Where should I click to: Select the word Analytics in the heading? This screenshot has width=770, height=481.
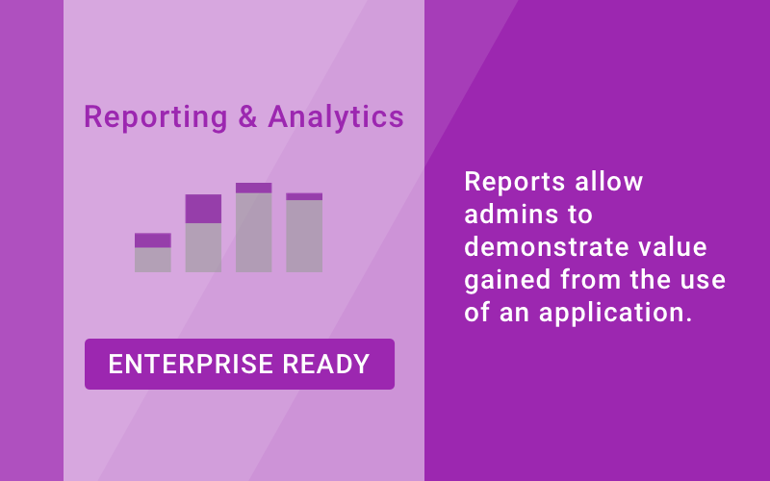[335, 117]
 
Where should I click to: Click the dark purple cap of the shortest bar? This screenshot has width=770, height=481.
[153, 240]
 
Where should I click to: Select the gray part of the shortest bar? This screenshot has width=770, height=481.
[153, 260]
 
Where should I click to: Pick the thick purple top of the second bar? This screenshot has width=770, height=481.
[203, 209]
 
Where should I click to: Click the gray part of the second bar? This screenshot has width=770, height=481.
[203, 247]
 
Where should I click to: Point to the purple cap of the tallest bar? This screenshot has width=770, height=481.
[254, 188]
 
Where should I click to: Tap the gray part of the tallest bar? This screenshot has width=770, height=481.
[254, 233]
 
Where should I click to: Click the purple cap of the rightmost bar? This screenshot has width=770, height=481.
[304, 196]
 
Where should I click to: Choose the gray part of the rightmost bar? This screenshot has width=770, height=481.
[304, 236]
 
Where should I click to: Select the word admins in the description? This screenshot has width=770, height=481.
[506, 215]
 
